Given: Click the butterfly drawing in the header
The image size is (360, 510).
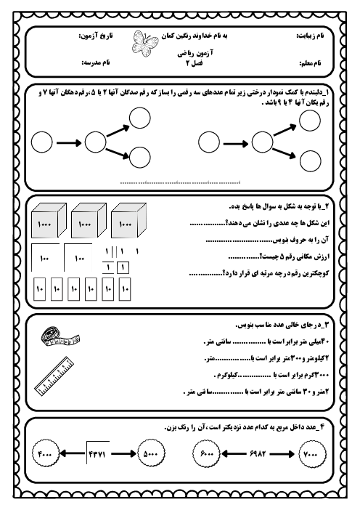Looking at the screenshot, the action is tap(141, 45).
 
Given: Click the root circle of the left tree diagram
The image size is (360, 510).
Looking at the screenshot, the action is tap(44, 142).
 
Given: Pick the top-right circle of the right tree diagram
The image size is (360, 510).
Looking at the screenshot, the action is tap(310, 121).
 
